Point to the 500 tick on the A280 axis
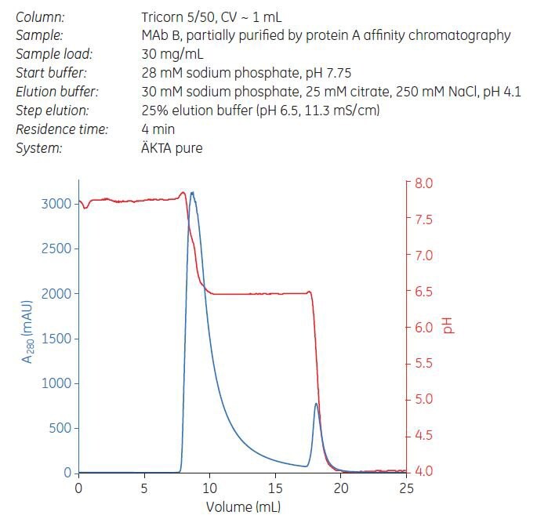coord(63,428)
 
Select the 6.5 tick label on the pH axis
coord(423,292)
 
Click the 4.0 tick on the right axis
coord(423,471)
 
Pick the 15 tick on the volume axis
coord(275,488)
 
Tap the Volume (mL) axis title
coord(242,506)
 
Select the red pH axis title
coord(449,326)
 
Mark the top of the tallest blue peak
coord(192,192)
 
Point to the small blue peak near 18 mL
coord(316,404)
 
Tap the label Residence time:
coord(62,129)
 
